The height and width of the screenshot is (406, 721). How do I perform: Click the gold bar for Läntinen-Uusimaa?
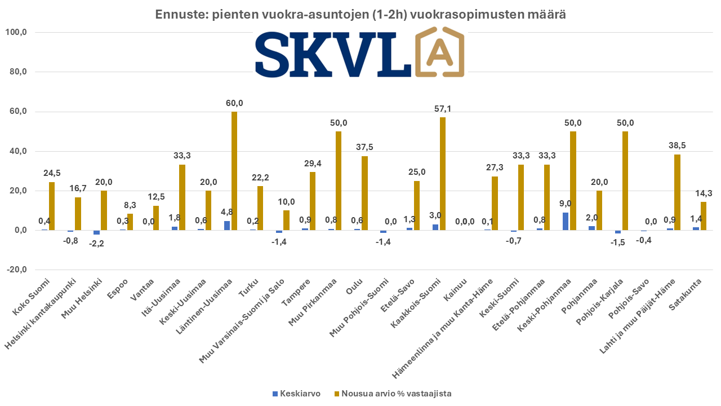pyautogui.click(x=234, y=171)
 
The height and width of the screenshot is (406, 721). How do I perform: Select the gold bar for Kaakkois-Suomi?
pyautogui.click(x=443, y=174)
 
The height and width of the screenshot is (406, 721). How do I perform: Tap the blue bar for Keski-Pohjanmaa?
pyautogui.click(x=566, y=221)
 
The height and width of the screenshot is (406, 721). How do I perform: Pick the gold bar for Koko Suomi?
pyautogui.click(x=52, y=206)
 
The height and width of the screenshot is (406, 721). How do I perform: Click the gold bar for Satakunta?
pyautogui.click(x=704, y=216)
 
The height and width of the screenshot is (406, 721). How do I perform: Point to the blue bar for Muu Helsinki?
pyautogui.click(x=97, y=232)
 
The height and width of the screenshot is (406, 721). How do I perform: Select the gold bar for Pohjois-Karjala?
pyautogui.click(x=625, y=180)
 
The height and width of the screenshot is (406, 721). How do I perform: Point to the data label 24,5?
pyautogui.click(x=52, y=173)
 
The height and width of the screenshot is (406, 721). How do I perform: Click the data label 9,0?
pyautogui.click(x=565, y=203)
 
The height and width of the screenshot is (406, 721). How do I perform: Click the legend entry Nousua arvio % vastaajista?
pyautogui.click(x=393, y=394)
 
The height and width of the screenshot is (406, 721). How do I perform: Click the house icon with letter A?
pyautogui.click(x=440, y=55)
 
